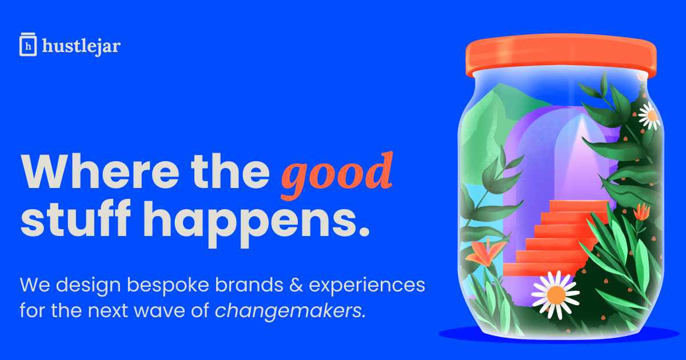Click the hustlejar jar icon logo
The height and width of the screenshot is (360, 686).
[28, 45]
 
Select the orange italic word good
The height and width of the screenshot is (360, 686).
[337, 175]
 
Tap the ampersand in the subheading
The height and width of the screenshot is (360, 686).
[296, 285]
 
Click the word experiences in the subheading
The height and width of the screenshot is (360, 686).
[367, 286]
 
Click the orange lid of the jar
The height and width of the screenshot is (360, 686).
[561, 55]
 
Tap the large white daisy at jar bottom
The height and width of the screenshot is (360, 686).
[556, 294]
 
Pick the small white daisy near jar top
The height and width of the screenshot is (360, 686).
[650, 115]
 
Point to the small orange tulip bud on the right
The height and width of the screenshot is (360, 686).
[641, 212]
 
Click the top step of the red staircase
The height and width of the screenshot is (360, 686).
[579, 206]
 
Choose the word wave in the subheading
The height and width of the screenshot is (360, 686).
[159, 311]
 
